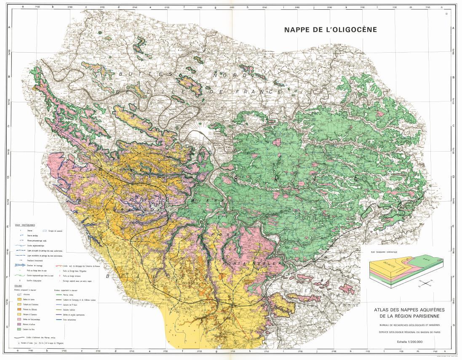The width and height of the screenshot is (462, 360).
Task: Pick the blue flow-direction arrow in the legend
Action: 20,266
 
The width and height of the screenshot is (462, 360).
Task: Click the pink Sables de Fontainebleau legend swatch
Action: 20,320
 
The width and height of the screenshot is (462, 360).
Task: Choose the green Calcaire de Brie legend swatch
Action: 20,330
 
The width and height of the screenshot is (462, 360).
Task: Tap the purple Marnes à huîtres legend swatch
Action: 20,325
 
